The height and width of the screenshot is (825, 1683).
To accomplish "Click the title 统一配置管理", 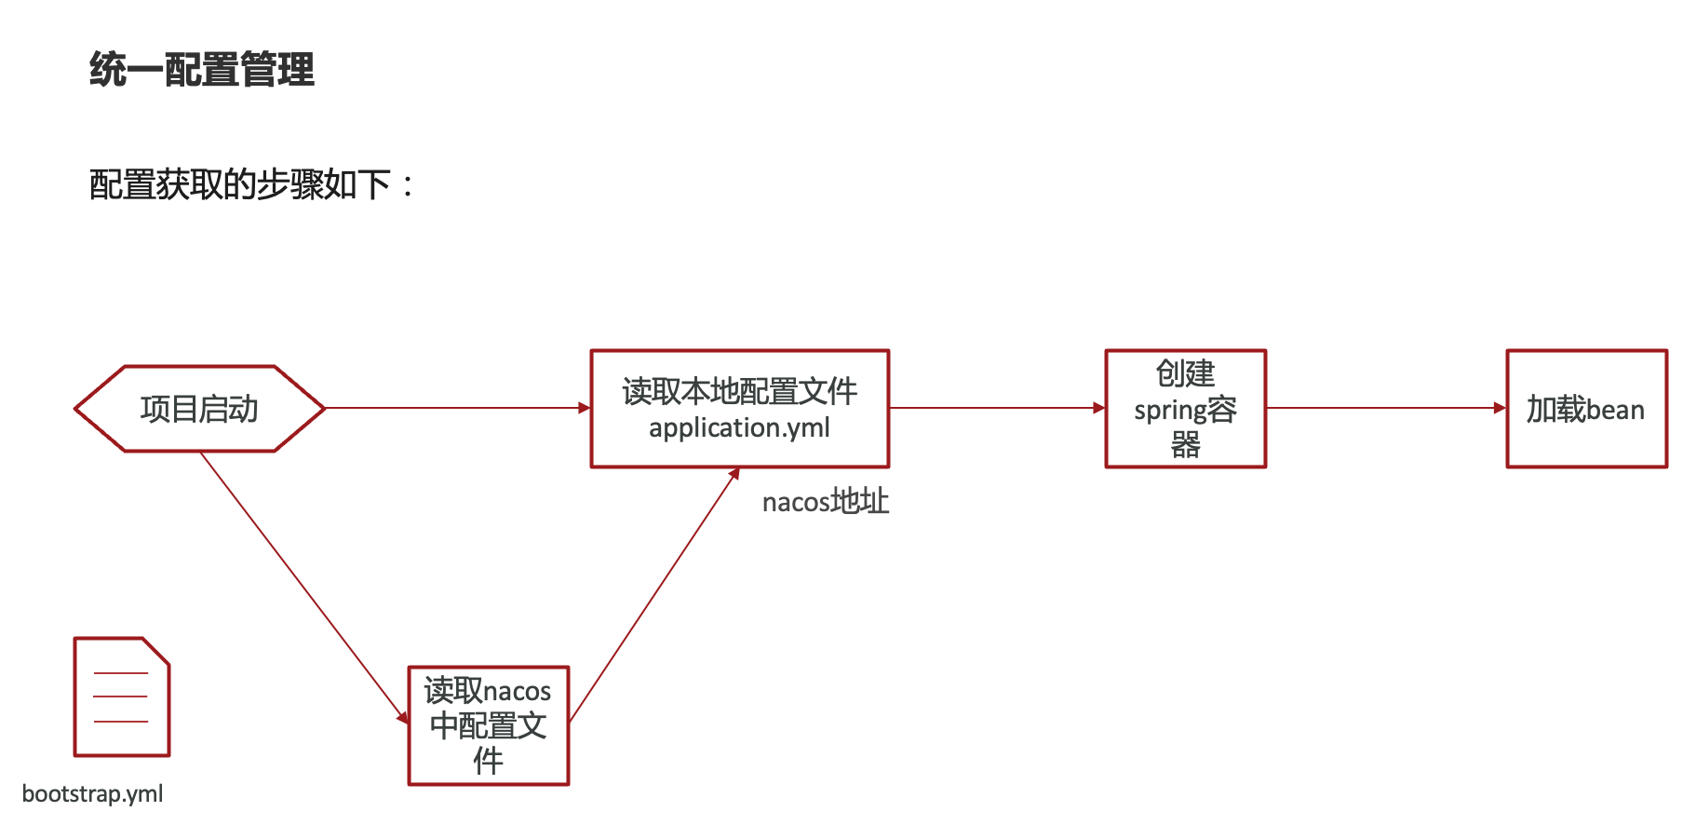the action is coord(202,70).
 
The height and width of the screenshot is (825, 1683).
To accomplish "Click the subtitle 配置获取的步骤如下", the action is coord(250,184).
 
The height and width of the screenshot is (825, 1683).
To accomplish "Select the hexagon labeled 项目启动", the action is coord(199,409).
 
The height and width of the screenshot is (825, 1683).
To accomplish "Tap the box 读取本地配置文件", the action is coord(739,391).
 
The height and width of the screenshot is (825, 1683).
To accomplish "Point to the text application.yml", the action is coord(739,428).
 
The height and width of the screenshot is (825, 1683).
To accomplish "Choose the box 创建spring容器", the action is coord(1185,409).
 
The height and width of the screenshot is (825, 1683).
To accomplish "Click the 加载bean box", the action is coord(1585,409).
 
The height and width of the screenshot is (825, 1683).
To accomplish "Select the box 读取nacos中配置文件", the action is coord(488,725).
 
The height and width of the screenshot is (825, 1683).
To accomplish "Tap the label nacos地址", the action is coord(825,502).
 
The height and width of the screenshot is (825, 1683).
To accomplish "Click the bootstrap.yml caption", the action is coord(92,793).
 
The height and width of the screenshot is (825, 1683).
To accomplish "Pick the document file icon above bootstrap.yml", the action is coord(121,697).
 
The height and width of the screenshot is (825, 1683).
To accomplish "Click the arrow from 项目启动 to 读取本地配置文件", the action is coord(456,408).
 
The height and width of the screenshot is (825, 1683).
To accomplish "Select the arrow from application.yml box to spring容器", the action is coord(996,408).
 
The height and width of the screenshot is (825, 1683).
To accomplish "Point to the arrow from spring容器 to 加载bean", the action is coord(1385,408).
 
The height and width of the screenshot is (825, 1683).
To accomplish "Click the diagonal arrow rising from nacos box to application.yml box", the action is coord(653,596).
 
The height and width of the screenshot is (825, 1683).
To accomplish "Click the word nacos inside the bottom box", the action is coord(518,692).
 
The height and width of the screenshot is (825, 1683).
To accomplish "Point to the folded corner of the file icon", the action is coord(156,651).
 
